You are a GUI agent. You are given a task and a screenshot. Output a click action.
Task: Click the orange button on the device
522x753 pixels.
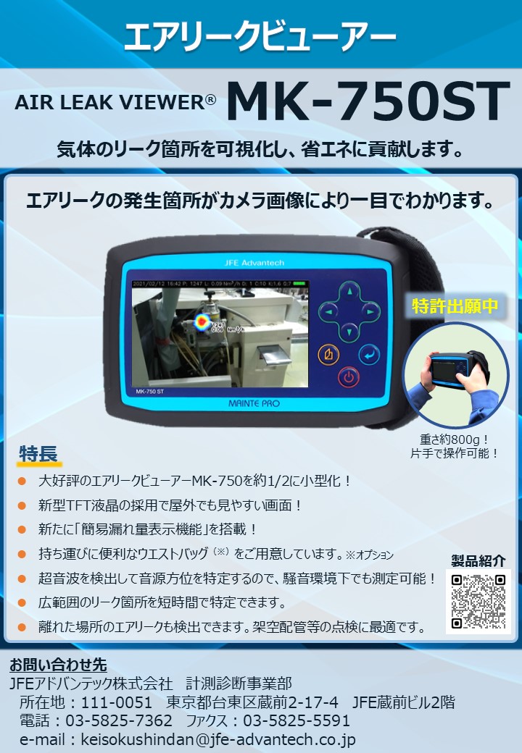(x=329, y=355)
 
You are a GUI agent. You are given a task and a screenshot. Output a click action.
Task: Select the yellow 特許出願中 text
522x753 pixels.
(x=455, y=306)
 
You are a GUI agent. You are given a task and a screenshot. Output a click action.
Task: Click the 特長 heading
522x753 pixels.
(x=38, y=454)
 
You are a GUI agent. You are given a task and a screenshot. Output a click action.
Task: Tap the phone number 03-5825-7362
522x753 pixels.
(x=119, y=721)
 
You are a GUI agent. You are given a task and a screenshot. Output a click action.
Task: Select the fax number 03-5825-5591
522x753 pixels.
(x=297, y=721)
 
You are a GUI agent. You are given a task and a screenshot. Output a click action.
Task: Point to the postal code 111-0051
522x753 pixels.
(x=117, y=702)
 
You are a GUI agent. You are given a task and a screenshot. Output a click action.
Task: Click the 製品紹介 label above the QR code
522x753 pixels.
(x=478, y=561)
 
